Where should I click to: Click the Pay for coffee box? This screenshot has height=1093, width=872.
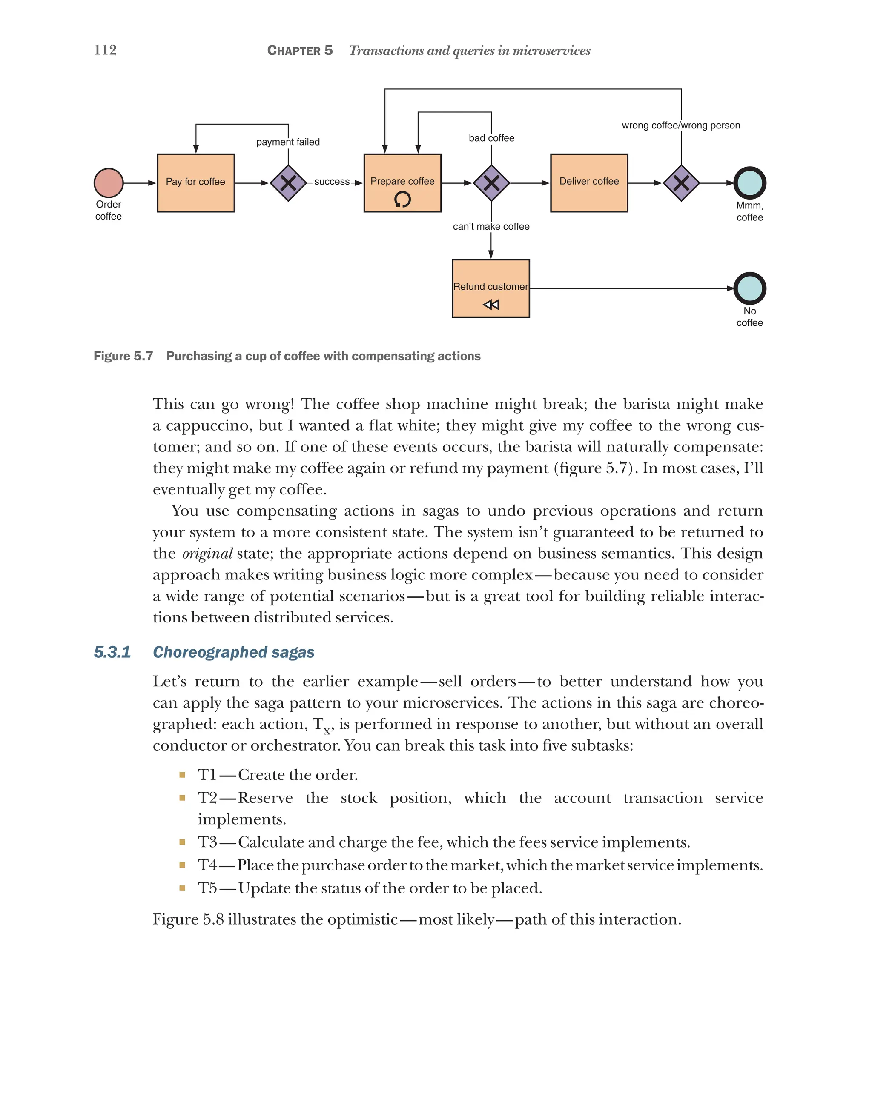click(x=195, y=183)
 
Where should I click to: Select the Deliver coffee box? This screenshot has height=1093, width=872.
click(x=588, y=183)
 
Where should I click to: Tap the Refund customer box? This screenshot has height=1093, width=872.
click(x=490, y=288)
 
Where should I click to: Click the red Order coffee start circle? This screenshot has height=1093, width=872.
click(x=109, y=183)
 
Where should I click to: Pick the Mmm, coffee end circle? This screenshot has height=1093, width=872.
click(x=749, y=183)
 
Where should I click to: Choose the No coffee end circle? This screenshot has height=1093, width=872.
click(x=749, y=288)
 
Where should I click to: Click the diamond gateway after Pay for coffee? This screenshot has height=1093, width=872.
click(x=288, y=183)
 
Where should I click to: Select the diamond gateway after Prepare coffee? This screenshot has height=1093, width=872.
click(x=491, y=183)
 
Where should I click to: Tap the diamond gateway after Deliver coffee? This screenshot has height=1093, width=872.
click(x=681, y=183)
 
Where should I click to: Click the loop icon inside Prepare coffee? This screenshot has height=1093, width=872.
click(x=402, y=199)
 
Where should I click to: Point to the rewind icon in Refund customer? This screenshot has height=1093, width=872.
click(x=490, y=304)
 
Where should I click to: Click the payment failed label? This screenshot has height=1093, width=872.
click(x=288, y=142)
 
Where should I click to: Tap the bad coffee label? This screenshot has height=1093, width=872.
click(x=491, y=138)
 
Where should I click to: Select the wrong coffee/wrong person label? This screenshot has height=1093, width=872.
click(x=681, y=125)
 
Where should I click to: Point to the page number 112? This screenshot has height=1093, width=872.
click(x=105, y=50)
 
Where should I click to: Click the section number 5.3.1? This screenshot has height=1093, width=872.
click(x=112, y=652)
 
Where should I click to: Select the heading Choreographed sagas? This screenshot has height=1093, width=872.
click(x=233, y=652)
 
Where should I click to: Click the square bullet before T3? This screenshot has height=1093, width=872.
click(x=182, y=842)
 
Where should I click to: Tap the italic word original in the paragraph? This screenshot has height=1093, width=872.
click(x=207, y=554)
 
